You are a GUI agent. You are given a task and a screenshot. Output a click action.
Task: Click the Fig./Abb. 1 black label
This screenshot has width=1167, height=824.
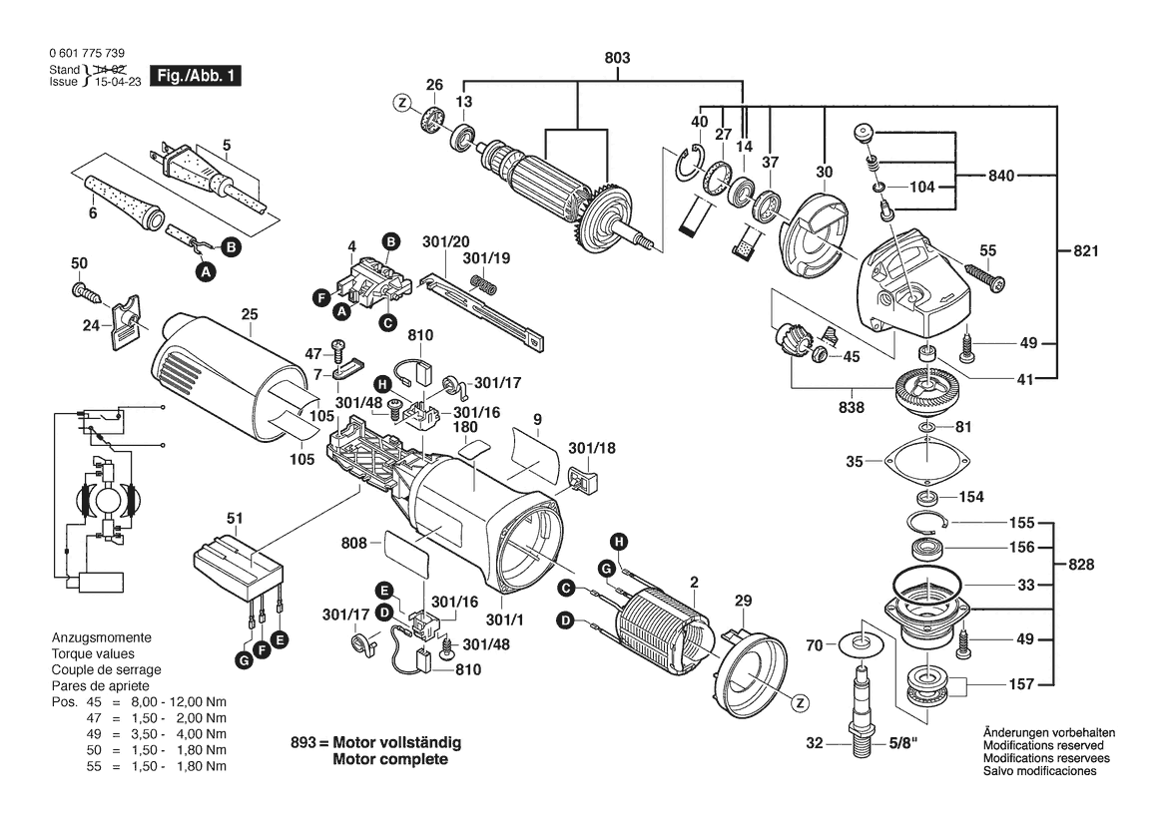tap(196, 75)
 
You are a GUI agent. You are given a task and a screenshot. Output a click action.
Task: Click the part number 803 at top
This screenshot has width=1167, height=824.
tap(618, 59)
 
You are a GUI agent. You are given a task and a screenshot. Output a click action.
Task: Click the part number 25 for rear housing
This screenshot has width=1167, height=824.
tap(249, 315)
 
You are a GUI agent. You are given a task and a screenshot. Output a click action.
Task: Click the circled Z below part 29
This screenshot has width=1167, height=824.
tap(798, 703)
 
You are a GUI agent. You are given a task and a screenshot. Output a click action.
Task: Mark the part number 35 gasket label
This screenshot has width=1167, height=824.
tap(854, 462)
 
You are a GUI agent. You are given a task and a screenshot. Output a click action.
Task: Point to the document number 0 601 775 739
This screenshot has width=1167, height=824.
tap(86, 53)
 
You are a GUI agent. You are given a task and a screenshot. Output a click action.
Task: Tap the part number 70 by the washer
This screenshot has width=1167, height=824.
tap(816, 645)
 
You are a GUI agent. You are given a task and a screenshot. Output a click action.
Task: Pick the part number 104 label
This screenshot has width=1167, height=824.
tap(922, 187)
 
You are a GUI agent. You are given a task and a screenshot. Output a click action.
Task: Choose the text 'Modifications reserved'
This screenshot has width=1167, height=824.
tap(1043, 745)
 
